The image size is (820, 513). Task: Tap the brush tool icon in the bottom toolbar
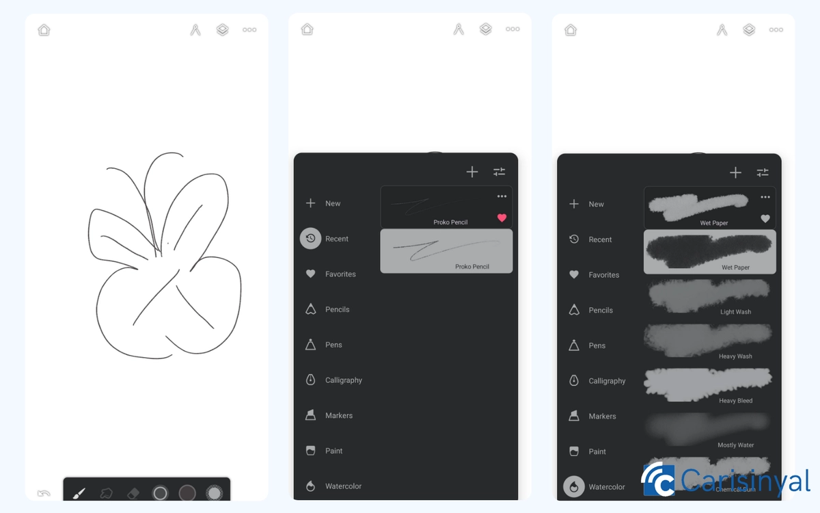(x=79, y=493)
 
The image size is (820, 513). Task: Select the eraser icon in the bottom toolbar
(x=133, y=493)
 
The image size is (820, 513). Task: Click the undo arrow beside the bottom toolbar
(x=44, y=493)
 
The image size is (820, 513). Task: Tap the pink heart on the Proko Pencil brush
(x=502, y=218)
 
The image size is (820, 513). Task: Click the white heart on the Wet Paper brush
(x=765, y=219)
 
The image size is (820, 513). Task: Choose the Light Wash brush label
(x=735, y=312)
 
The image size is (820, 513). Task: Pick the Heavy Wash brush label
(x=735, y=356)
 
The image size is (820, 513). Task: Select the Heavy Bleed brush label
(x=735, y=401)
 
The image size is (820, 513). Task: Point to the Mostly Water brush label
(x=735, y=445)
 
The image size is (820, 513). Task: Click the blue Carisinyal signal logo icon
(x=657, y=480)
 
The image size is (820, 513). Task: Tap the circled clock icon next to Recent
(x=310, y=239)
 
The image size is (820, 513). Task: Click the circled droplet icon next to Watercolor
(x=574, y=486)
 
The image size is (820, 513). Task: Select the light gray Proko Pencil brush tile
(x=446, y=251)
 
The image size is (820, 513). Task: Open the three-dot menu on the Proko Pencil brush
(x=502, y=197)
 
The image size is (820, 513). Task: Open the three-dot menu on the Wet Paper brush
(x=765, y=198)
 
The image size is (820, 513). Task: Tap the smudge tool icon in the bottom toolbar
(x=106, y=493)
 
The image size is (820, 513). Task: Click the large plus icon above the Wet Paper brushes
(x=735, y=172)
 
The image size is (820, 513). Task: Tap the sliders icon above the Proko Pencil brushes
(x=500, y=172)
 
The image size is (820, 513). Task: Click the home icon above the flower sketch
(x=44, y=30)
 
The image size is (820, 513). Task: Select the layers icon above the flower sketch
(x=222, y=30)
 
